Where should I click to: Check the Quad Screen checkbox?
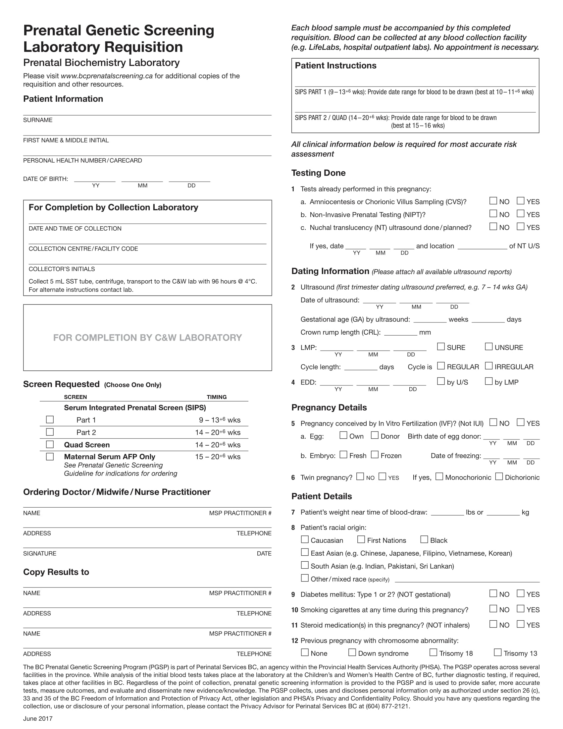(50, 444)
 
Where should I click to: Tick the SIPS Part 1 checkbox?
(50, 419)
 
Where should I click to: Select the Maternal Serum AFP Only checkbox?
(50, 456)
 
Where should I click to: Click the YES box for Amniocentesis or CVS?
(520, 200)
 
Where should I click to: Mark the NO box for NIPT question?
(493, 213)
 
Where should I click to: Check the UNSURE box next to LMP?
(488, 347)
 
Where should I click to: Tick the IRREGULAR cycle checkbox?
(488, 366)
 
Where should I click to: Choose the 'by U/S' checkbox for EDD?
(441, 381)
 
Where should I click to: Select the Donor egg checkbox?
(375, 435)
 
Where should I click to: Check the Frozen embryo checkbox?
(375, 455)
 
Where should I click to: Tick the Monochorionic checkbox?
(439, 476)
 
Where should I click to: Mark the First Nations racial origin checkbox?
(361, 539)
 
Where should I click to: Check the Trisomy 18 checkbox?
(433, 652)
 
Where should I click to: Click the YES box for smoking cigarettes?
(520, 608)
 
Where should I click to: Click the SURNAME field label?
(38, 120)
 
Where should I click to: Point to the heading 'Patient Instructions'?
(335, 66)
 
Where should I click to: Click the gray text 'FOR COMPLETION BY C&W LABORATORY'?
(147, 337)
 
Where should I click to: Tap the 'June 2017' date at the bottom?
(38, 719)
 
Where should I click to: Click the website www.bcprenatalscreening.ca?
(107, 76)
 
